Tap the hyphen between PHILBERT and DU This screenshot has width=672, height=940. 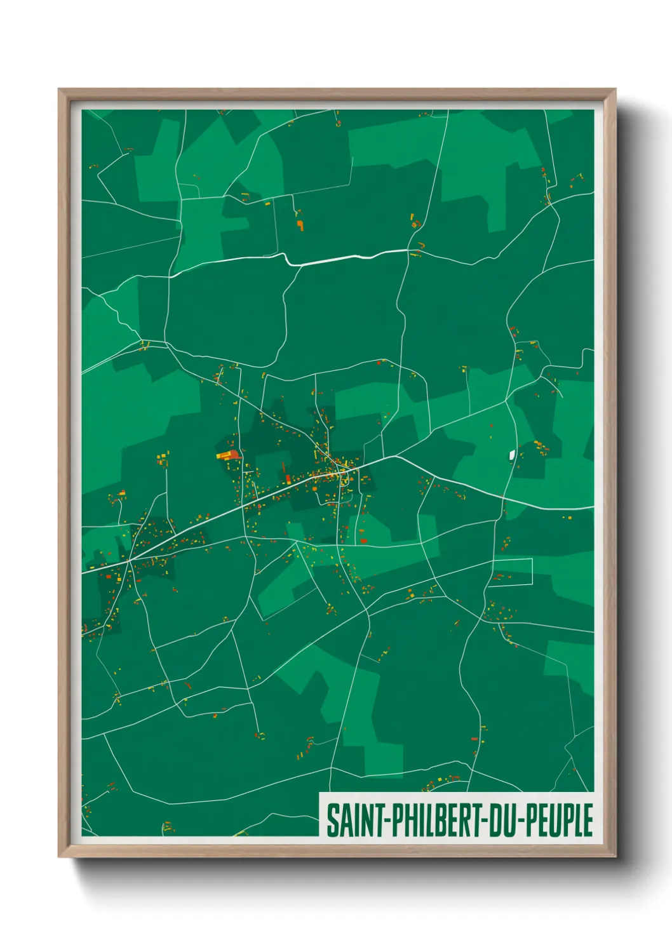coord(485,821)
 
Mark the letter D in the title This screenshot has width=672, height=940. coord(495,820)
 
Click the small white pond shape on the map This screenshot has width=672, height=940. coord(512,454)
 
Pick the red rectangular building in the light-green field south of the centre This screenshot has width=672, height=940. coord(364,540)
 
